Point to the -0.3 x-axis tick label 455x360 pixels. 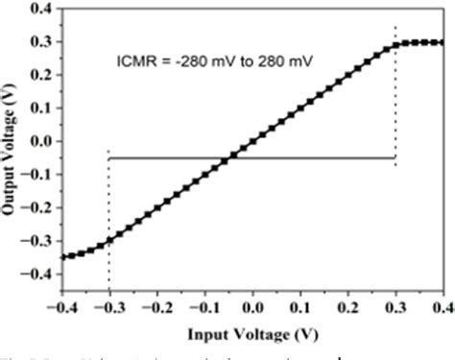coord(108,309)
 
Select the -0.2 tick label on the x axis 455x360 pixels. coord(156,309)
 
